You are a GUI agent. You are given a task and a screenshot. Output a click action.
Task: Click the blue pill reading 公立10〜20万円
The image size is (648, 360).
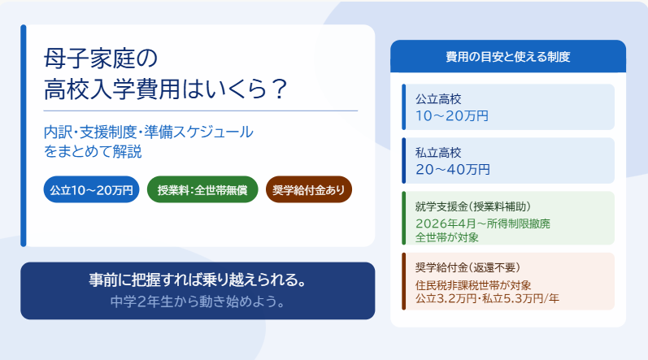(91, 189)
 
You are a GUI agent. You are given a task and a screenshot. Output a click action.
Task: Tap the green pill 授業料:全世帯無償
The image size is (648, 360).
(202, 189)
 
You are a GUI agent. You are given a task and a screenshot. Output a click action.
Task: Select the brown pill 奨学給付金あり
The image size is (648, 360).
(309, 189)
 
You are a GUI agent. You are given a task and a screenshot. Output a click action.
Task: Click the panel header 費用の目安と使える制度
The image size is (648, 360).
(508, 57)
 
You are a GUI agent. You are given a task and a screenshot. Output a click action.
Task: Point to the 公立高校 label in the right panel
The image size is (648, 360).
(438, 99)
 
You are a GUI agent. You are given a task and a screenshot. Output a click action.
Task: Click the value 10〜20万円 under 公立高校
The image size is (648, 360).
(452, 116)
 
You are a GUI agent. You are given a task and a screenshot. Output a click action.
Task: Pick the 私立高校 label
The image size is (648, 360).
(438, 153)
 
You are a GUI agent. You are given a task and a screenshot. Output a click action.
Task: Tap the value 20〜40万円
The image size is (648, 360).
(453, 169)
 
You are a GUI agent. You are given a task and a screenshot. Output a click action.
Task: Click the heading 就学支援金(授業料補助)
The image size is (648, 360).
(473, 206)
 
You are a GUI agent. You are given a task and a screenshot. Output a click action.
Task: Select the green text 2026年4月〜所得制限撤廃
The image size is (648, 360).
(483, 223)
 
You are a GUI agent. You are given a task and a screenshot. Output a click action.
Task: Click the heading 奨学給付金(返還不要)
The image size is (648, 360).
(468, 267)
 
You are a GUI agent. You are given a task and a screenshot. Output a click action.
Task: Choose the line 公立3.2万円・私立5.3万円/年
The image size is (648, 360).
(487, 298)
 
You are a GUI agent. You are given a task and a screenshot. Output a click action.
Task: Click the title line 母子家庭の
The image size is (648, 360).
(101, 59)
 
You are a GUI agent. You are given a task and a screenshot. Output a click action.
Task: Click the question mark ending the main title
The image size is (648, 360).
(280, 89)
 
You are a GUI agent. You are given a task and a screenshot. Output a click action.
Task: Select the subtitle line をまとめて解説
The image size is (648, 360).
(93, 151)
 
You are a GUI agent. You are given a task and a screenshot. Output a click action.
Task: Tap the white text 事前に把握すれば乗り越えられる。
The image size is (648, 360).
(198, 280)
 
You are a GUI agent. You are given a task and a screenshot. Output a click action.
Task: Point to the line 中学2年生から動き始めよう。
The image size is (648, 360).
(198, 301)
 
